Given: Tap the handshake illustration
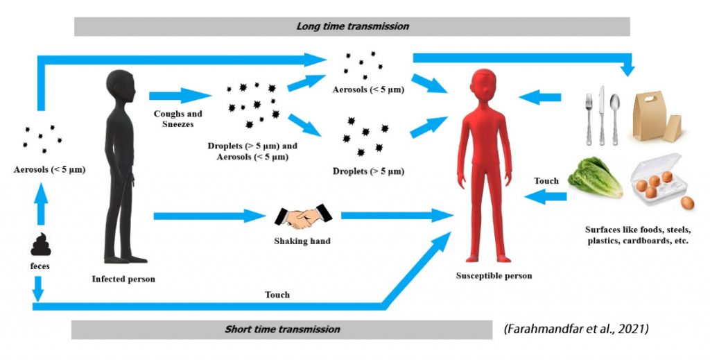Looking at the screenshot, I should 300,217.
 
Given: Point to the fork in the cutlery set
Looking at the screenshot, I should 588,114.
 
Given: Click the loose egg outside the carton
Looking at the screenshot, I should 687,203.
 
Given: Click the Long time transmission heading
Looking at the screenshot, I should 352,26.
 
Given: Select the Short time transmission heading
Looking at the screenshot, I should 282,329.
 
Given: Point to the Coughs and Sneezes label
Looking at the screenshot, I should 173,119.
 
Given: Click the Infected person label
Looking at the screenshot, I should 123,280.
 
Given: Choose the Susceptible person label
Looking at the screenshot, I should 494,275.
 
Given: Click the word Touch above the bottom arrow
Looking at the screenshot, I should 277,294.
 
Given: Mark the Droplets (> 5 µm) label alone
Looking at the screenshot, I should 368,171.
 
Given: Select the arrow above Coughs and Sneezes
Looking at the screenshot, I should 177,95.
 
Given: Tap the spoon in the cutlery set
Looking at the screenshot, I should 614,114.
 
